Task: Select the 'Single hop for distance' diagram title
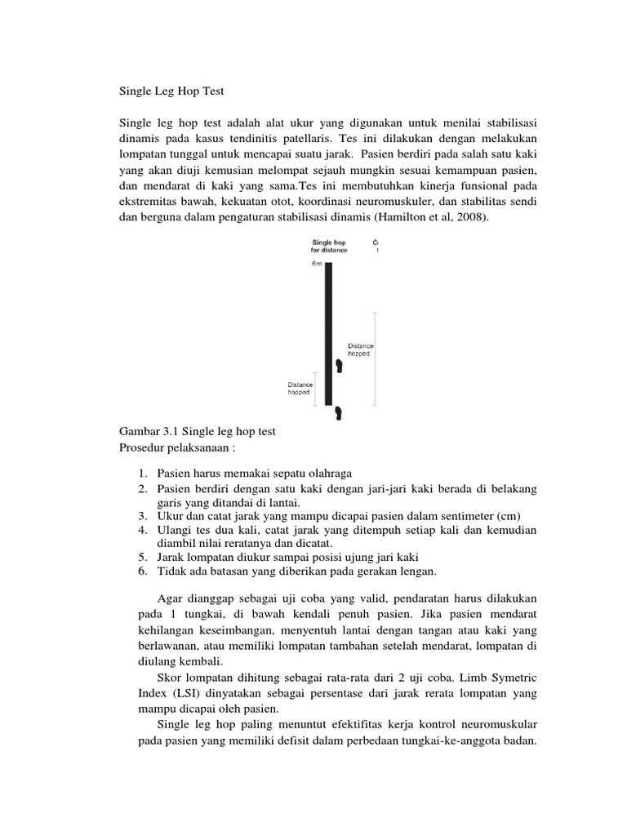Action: (329, 247)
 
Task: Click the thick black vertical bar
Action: (328, 335)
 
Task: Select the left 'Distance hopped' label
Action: (300, 388)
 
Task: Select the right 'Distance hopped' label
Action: (360, 349)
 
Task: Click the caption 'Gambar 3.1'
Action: (149, 431)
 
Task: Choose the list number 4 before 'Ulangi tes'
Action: (142, 530)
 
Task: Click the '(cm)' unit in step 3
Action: (508, 516)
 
